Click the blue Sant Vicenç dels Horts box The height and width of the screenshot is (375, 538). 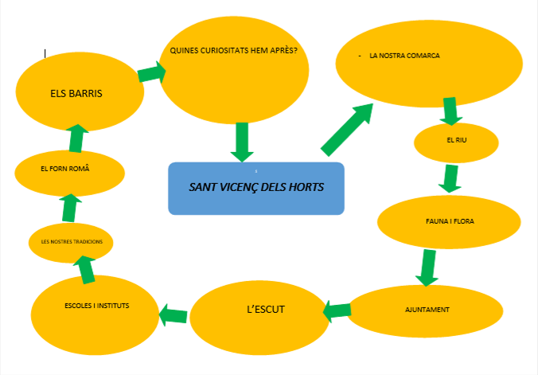pyautogui.click(x=255, y=189)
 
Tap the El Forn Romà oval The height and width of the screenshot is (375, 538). pyautogui.click(x=70, y=170)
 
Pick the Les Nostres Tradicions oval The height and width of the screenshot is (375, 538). pyautogui.click(x=71, y=241)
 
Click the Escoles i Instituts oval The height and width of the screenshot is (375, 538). pyautogui.click(x=96, y=307)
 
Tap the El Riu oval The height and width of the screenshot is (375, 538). pyautogui.click(x=456, y=142)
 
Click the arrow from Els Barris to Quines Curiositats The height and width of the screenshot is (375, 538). pyautogui.click(x=152, y=72)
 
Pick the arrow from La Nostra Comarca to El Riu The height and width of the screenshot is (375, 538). pyautogui.click(x=450, y=110)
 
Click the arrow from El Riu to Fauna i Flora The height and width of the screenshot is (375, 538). pyautogui.click(x=450, y=178)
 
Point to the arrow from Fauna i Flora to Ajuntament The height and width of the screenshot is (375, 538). pyautogui.click(x=428, y=268)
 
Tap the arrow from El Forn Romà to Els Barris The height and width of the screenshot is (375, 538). pyautogui.click(x=76, y=137)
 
